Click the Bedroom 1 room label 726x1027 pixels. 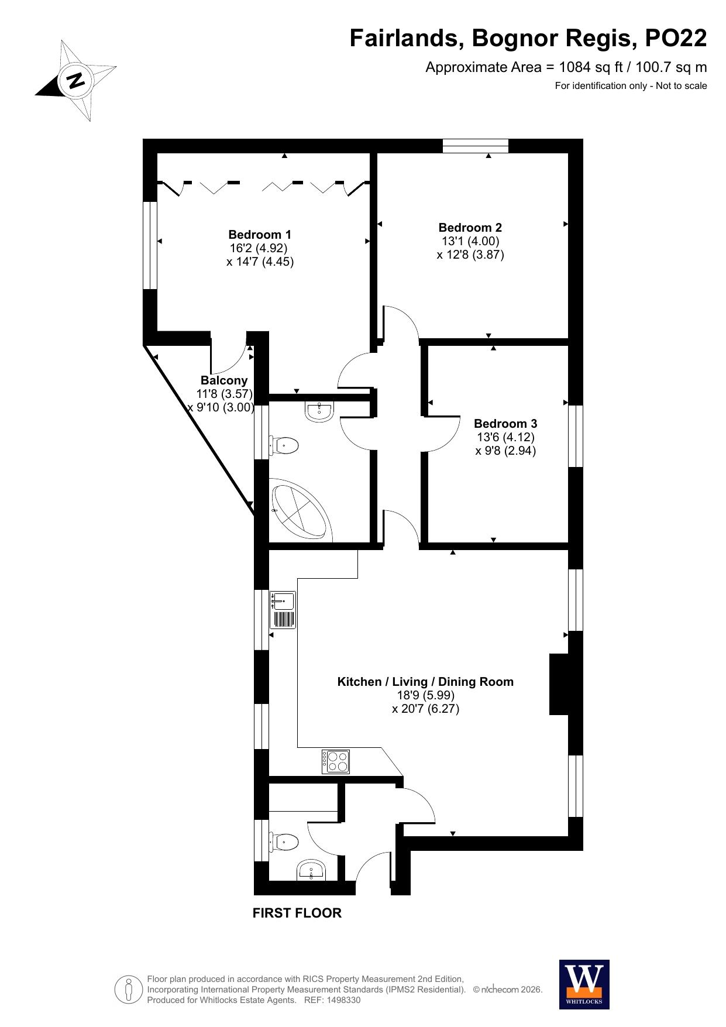259,235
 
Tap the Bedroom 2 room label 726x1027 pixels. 470,228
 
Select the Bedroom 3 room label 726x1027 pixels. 505,424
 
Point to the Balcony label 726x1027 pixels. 224,380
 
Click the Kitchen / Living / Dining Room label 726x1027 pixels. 425,682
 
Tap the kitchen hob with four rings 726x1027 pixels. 336,762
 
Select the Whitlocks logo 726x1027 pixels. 584,984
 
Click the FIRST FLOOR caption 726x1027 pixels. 297,913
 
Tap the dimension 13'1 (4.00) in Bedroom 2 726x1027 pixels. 470,241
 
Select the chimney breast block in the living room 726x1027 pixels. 559,684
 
